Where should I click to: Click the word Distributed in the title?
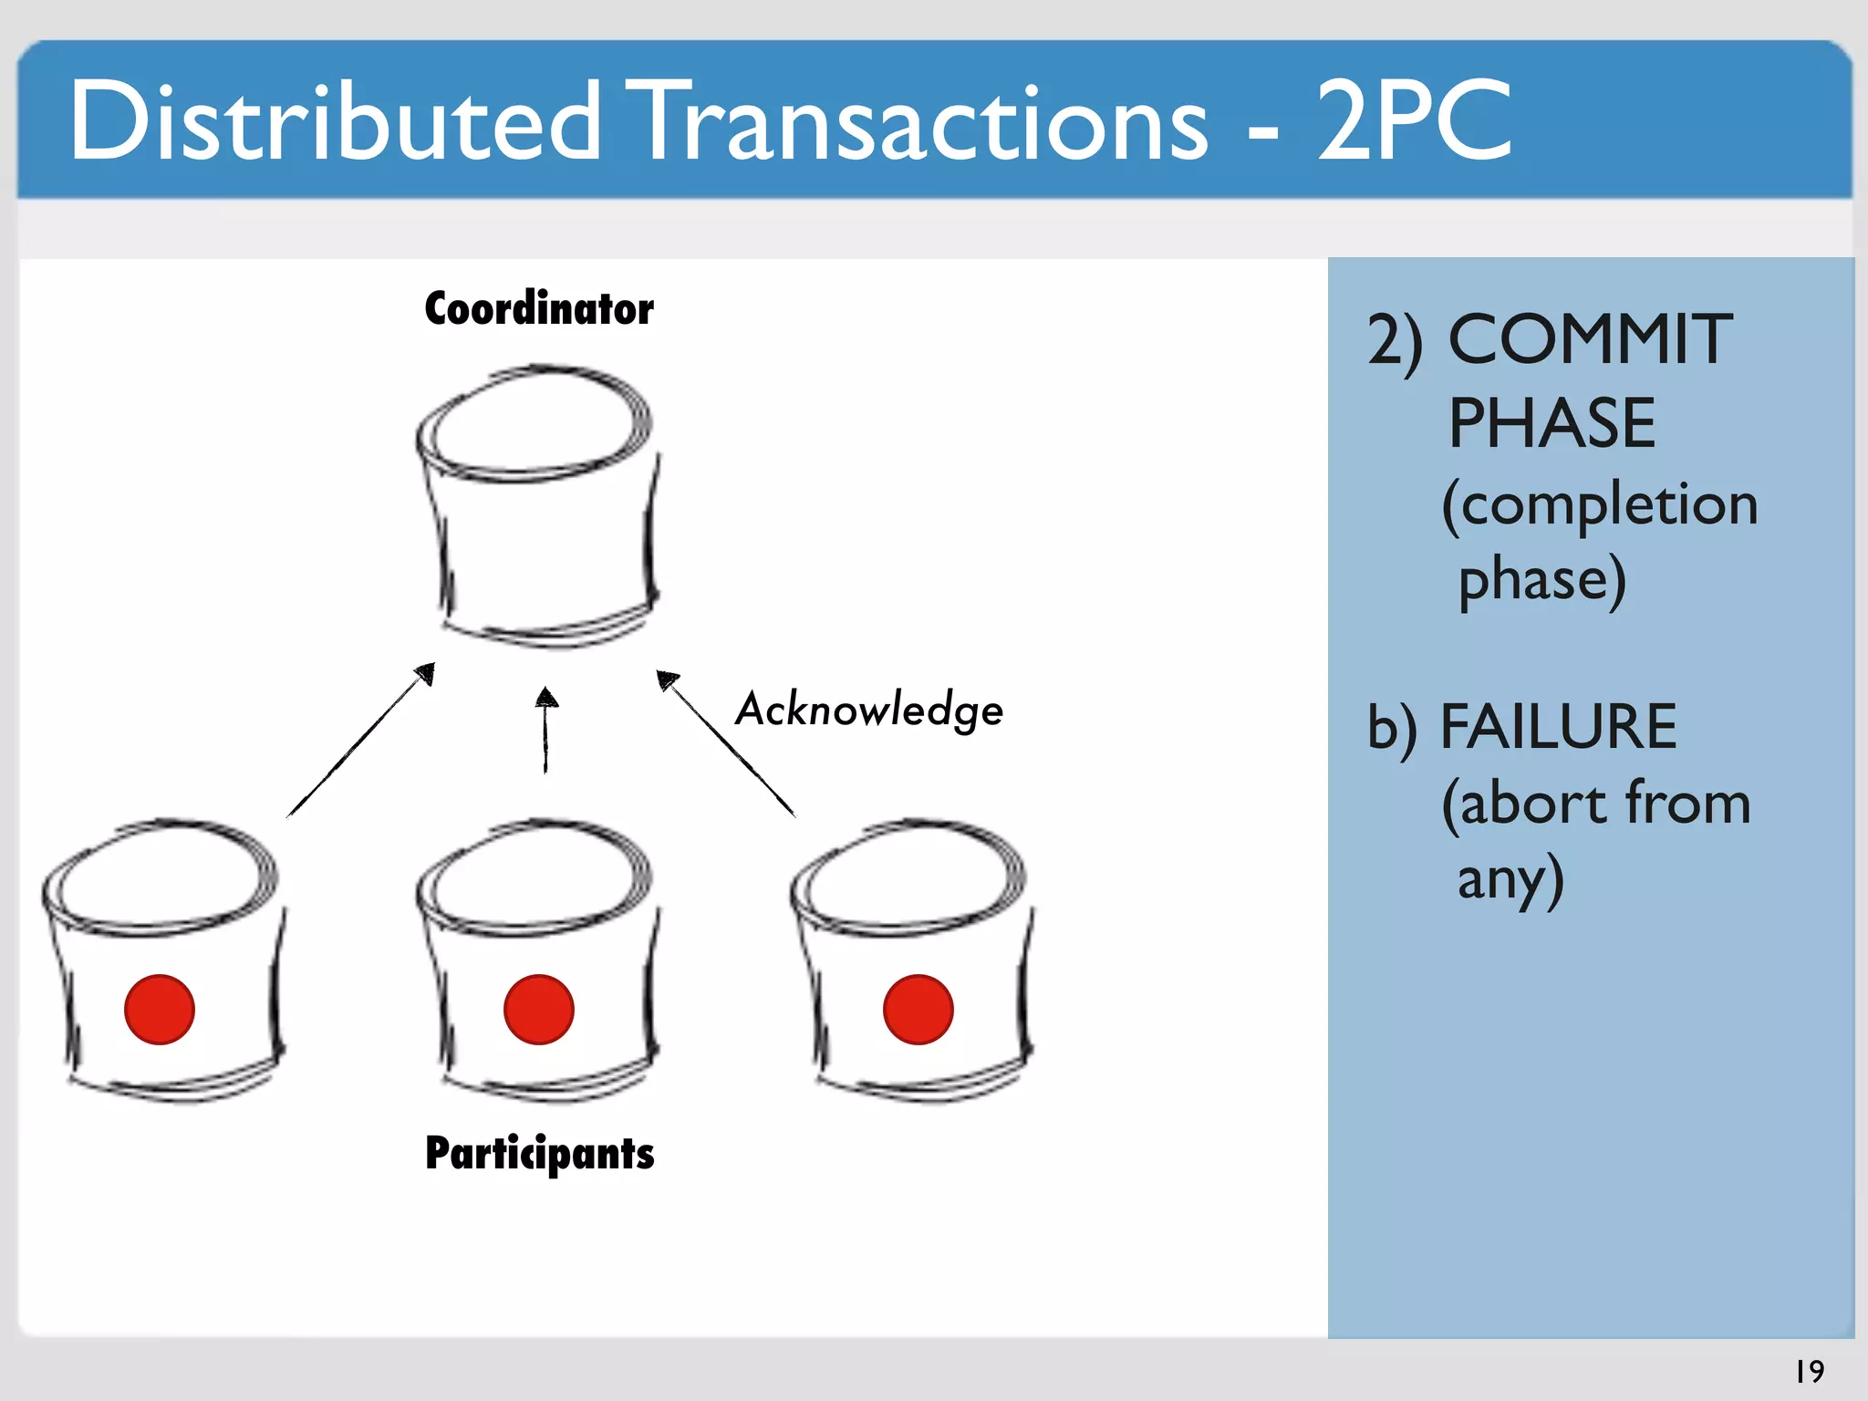click(335, 121)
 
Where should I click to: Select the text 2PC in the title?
click(1414, 121)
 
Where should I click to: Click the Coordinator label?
click(539, 308)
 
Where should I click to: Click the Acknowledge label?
click(869, 710)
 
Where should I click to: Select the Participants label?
click(539, 1153)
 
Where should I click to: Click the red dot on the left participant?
click(160, 1009)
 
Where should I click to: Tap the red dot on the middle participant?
click(539, 1009)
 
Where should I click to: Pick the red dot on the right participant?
click(918, 1009)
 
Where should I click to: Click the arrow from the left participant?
click(361, 740)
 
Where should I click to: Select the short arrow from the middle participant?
click(546, 730)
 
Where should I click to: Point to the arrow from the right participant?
click(726, 742)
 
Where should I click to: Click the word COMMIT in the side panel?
click(1591, 339)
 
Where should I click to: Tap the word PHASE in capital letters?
click(1552, 423)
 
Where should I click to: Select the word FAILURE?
click(1558, 727)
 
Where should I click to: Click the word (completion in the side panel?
click(1600, 504)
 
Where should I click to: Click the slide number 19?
click(1810, 1371)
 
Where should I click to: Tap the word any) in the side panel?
click(1510, 879)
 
